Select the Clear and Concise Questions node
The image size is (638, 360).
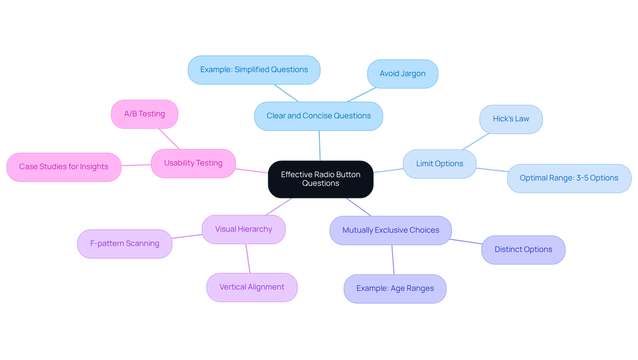(x=318, y=116)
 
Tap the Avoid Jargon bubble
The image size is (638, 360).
(x=402, y=74)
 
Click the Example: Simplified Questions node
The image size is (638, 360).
(x=254, y=70)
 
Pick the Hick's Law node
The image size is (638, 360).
(x=511, y=119)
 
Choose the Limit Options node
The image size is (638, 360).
(x=439, y=164)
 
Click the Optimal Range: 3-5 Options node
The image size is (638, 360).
(x=569, y=178)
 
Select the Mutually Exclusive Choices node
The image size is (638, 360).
(x=390, y=230)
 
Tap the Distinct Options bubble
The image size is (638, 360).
(x=523, y=250)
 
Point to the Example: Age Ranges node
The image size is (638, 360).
(x=395, y=289)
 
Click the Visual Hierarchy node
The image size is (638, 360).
(x=243, y=229)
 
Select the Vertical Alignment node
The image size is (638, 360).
(x=252, y=287)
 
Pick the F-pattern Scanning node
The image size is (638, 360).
(x=125, y=244)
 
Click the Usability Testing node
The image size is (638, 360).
(x=193, y=163)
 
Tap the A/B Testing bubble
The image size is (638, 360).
(x=144, y=114)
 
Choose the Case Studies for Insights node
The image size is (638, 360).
(x=63, y=167)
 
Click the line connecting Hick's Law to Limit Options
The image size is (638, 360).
(x=476, y=142)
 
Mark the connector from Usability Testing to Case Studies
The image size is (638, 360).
(x=136, y=165)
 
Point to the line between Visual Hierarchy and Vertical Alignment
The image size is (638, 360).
(x=248, y=259)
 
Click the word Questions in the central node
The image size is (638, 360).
(x=320, y=183)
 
